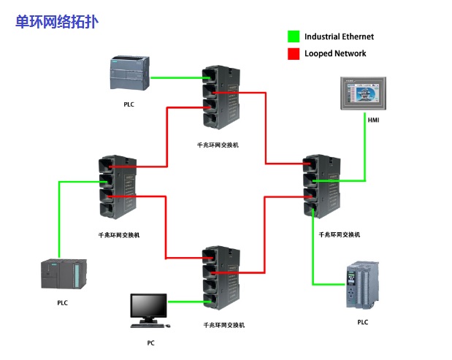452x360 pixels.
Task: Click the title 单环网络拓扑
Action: click(x=57, y=22)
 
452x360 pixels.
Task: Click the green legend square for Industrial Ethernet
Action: click(x=294, y=37)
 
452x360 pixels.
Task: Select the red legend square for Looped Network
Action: click(x=294, y=54)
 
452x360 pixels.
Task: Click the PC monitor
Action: click(x=148, y=307)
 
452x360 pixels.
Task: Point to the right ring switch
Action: click(x=322, y=186)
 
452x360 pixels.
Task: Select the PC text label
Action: click(x=150, y=342)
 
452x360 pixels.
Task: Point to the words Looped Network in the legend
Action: click(x=335, y=54)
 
